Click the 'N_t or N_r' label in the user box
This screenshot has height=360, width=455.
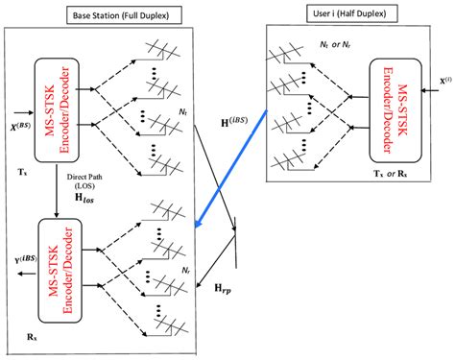point(336,59)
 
